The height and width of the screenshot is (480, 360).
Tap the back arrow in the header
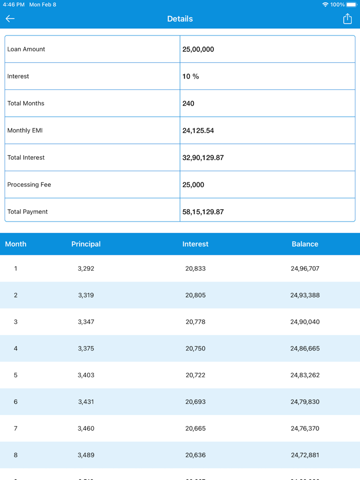click(x=10, y=19)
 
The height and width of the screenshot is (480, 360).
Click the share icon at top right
click(x=347, y=19)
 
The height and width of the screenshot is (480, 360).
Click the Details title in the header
click(x=180, y=19)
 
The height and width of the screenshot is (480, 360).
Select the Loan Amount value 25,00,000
click(x=198, y=49)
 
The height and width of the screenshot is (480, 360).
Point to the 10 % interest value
click(x=191, y=76)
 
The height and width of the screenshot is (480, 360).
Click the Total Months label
click(x=26, y=103)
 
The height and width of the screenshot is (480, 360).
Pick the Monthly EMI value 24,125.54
click(x=198, y=131)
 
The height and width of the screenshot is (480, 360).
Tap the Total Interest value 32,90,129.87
click(x=203, y=158)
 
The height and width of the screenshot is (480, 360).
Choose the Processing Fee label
click(x=29, y=184)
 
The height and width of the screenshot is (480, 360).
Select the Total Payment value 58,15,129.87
click(x=203, y=212)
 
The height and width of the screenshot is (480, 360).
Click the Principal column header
click(x=86, y=244)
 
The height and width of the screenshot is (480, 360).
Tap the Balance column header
click(x=305, y=244)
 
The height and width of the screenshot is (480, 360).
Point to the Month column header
click(x=15, y=244)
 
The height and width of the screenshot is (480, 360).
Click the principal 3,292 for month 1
click(x=86, y=268)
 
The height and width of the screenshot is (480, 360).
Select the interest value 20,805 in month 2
click(x=195, y=295)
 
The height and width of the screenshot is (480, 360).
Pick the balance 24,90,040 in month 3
click(x=305, y=322)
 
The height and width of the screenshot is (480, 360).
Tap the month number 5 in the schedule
click(x=15, y=375)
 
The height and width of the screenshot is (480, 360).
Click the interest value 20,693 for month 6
click(x=195, y=402)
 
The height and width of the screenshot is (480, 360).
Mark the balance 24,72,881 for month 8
click(x=305, y=455)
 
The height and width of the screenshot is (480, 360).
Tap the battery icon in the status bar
click(x=352, y=4)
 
